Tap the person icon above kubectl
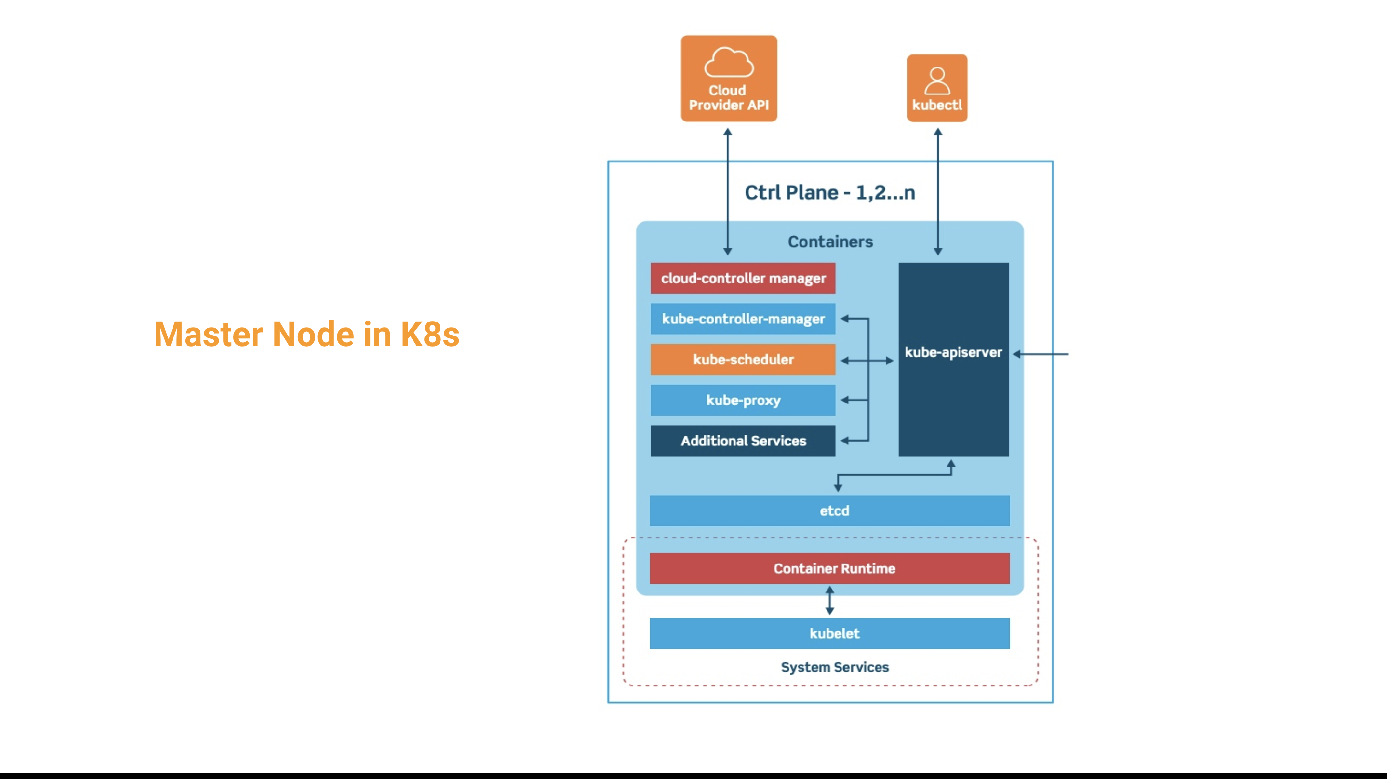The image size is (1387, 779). click(937, 81)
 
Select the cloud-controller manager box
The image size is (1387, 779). click(743, 278)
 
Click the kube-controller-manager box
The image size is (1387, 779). click(743, 319)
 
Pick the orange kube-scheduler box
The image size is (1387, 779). click(743, 359)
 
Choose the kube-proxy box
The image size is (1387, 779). click(743, 400)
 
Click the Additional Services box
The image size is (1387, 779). click(743, 441)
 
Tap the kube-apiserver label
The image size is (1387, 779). click(953, 352)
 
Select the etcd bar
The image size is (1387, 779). click(829, 510)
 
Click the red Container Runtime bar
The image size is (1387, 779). click(829, 568)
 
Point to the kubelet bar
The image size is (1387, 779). click(829, 633)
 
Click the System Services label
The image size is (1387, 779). click(835, 667)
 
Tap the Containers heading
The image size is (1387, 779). click(830, 242)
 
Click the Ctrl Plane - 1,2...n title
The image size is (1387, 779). click(830, 192)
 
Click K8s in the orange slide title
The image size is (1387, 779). click(430, 334)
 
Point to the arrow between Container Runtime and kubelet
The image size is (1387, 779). click(830, 601)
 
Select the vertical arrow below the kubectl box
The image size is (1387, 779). click(938, 191)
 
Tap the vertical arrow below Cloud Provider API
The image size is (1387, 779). click(727, 191)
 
